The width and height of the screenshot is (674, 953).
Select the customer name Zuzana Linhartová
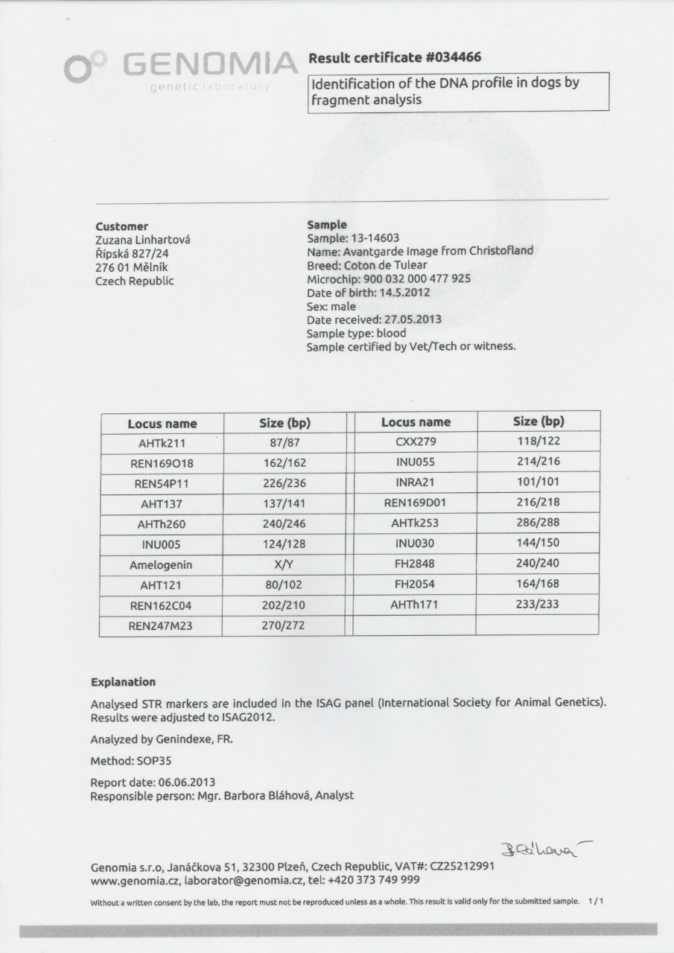(x=144, y=240)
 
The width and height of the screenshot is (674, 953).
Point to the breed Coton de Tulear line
(x=366, y=265)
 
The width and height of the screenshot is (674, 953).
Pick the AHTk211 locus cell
(x=162, y=444)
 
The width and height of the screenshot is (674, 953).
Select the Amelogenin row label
(x=161, y=565)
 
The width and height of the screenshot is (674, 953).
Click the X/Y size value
(x=284, y=565)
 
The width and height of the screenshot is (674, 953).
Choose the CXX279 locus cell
(x=416, y=442)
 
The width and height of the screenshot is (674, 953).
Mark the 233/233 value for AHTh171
(x=538, y=605)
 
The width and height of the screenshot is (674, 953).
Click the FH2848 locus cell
(x=416, y=564)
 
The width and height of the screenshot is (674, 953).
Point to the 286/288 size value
(x=538, y=523)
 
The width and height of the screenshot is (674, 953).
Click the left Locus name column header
(x=162, y=424)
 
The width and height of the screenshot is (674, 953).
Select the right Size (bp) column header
(x=538, y=421)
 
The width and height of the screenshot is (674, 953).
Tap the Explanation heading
(x=123, y=682)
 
